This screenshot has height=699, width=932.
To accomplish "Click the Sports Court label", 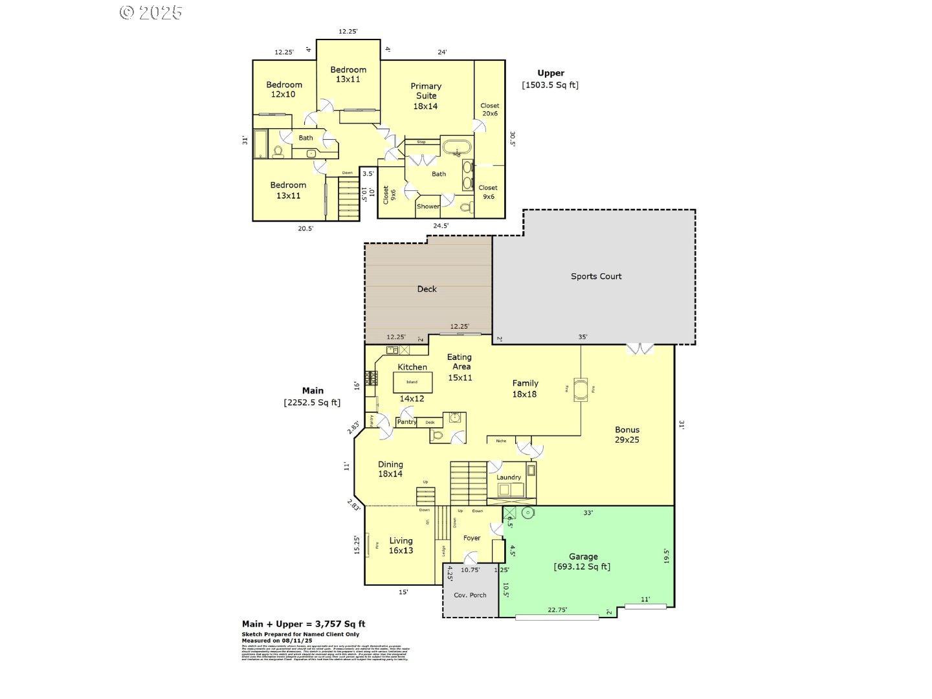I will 595,276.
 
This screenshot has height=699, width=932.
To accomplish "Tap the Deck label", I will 427,289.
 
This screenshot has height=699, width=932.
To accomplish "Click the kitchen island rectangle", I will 413,382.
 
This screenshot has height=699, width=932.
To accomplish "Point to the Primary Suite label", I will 426,96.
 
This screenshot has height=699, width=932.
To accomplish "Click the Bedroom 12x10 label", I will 284,89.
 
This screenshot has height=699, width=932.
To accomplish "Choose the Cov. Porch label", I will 470,595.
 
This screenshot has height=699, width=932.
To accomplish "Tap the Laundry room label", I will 509,478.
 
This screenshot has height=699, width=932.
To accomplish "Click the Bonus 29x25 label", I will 627,434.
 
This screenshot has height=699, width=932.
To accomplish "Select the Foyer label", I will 472,538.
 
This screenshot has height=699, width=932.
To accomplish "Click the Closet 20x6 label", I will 489,109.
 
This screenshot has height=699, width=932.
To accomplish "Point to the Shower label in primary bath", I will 428,206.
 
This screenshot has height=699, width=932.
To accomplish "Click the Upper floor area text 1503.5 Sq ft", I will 550,85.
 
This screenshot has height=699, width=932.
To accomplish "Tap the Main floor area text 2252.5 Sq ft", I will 312,403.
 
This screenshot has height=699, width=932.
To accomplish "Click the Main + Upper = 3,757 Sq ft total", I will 304,624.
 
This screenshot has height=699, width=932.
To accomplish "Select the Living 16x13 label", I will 401,546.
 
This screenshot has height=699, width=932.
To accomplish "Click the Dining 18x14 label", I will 390,469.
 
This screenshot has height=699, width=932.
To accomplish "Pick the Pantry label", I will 406,422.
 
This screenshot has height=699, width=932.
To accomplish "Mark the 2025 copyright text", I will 151,12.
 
